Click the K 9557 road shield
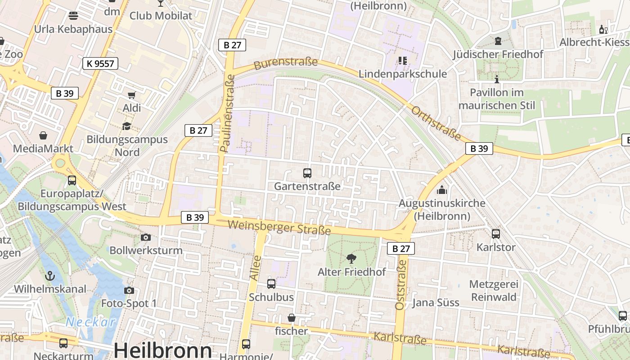[100, 63]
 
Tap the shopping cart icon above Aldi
[131, 95]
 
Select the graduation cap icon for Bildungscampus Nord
[126, 126]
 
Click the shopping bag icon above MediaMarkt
[43, 135]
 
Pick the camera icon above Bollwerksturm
[145, 237]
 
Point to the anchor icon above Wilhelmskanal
[50, 275]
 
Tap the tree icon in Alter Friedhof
[351, 258]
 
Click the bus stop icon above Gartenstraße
[307, 173]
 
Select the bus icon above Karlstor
[495, 234]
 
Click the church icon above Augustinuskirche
[442, 190]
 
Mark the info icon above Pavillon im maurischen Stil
[497, 79]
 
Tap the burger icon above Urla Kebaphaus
[73, 16]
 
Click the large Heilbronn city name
[162, 350]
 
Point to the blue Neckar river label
[91, 322]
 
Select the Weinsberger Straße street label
[279, 228]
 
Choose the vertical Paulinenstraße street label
[228, 113]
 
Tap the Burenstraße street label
[286, 63]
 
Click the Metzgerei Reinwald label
[493, 291]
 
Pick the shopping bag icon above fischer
[292, 318]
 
